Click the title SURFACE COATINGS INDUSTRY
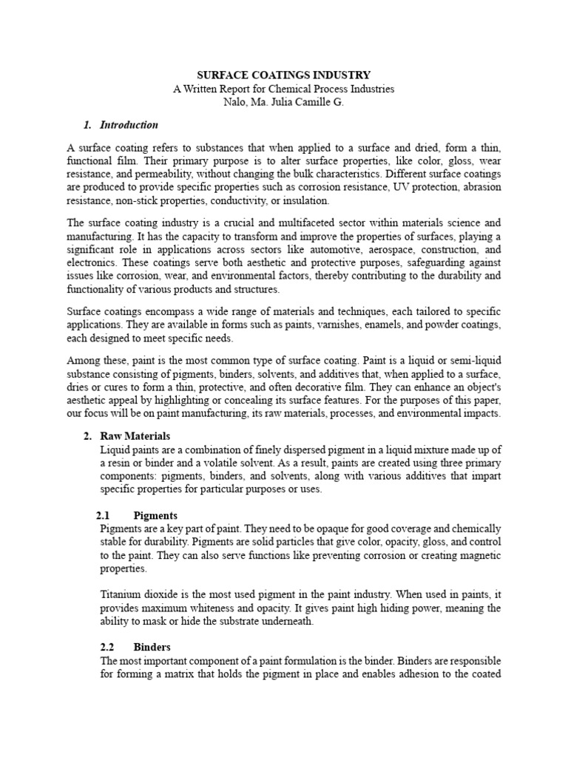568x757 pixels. tap(283, 75)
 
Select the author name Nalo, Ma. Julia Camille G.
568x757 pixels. tap(283, 102)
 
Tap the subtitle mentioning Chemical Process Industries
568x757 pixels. tap(283, 89)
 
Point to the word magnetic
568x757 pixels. tap(476, 555)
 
